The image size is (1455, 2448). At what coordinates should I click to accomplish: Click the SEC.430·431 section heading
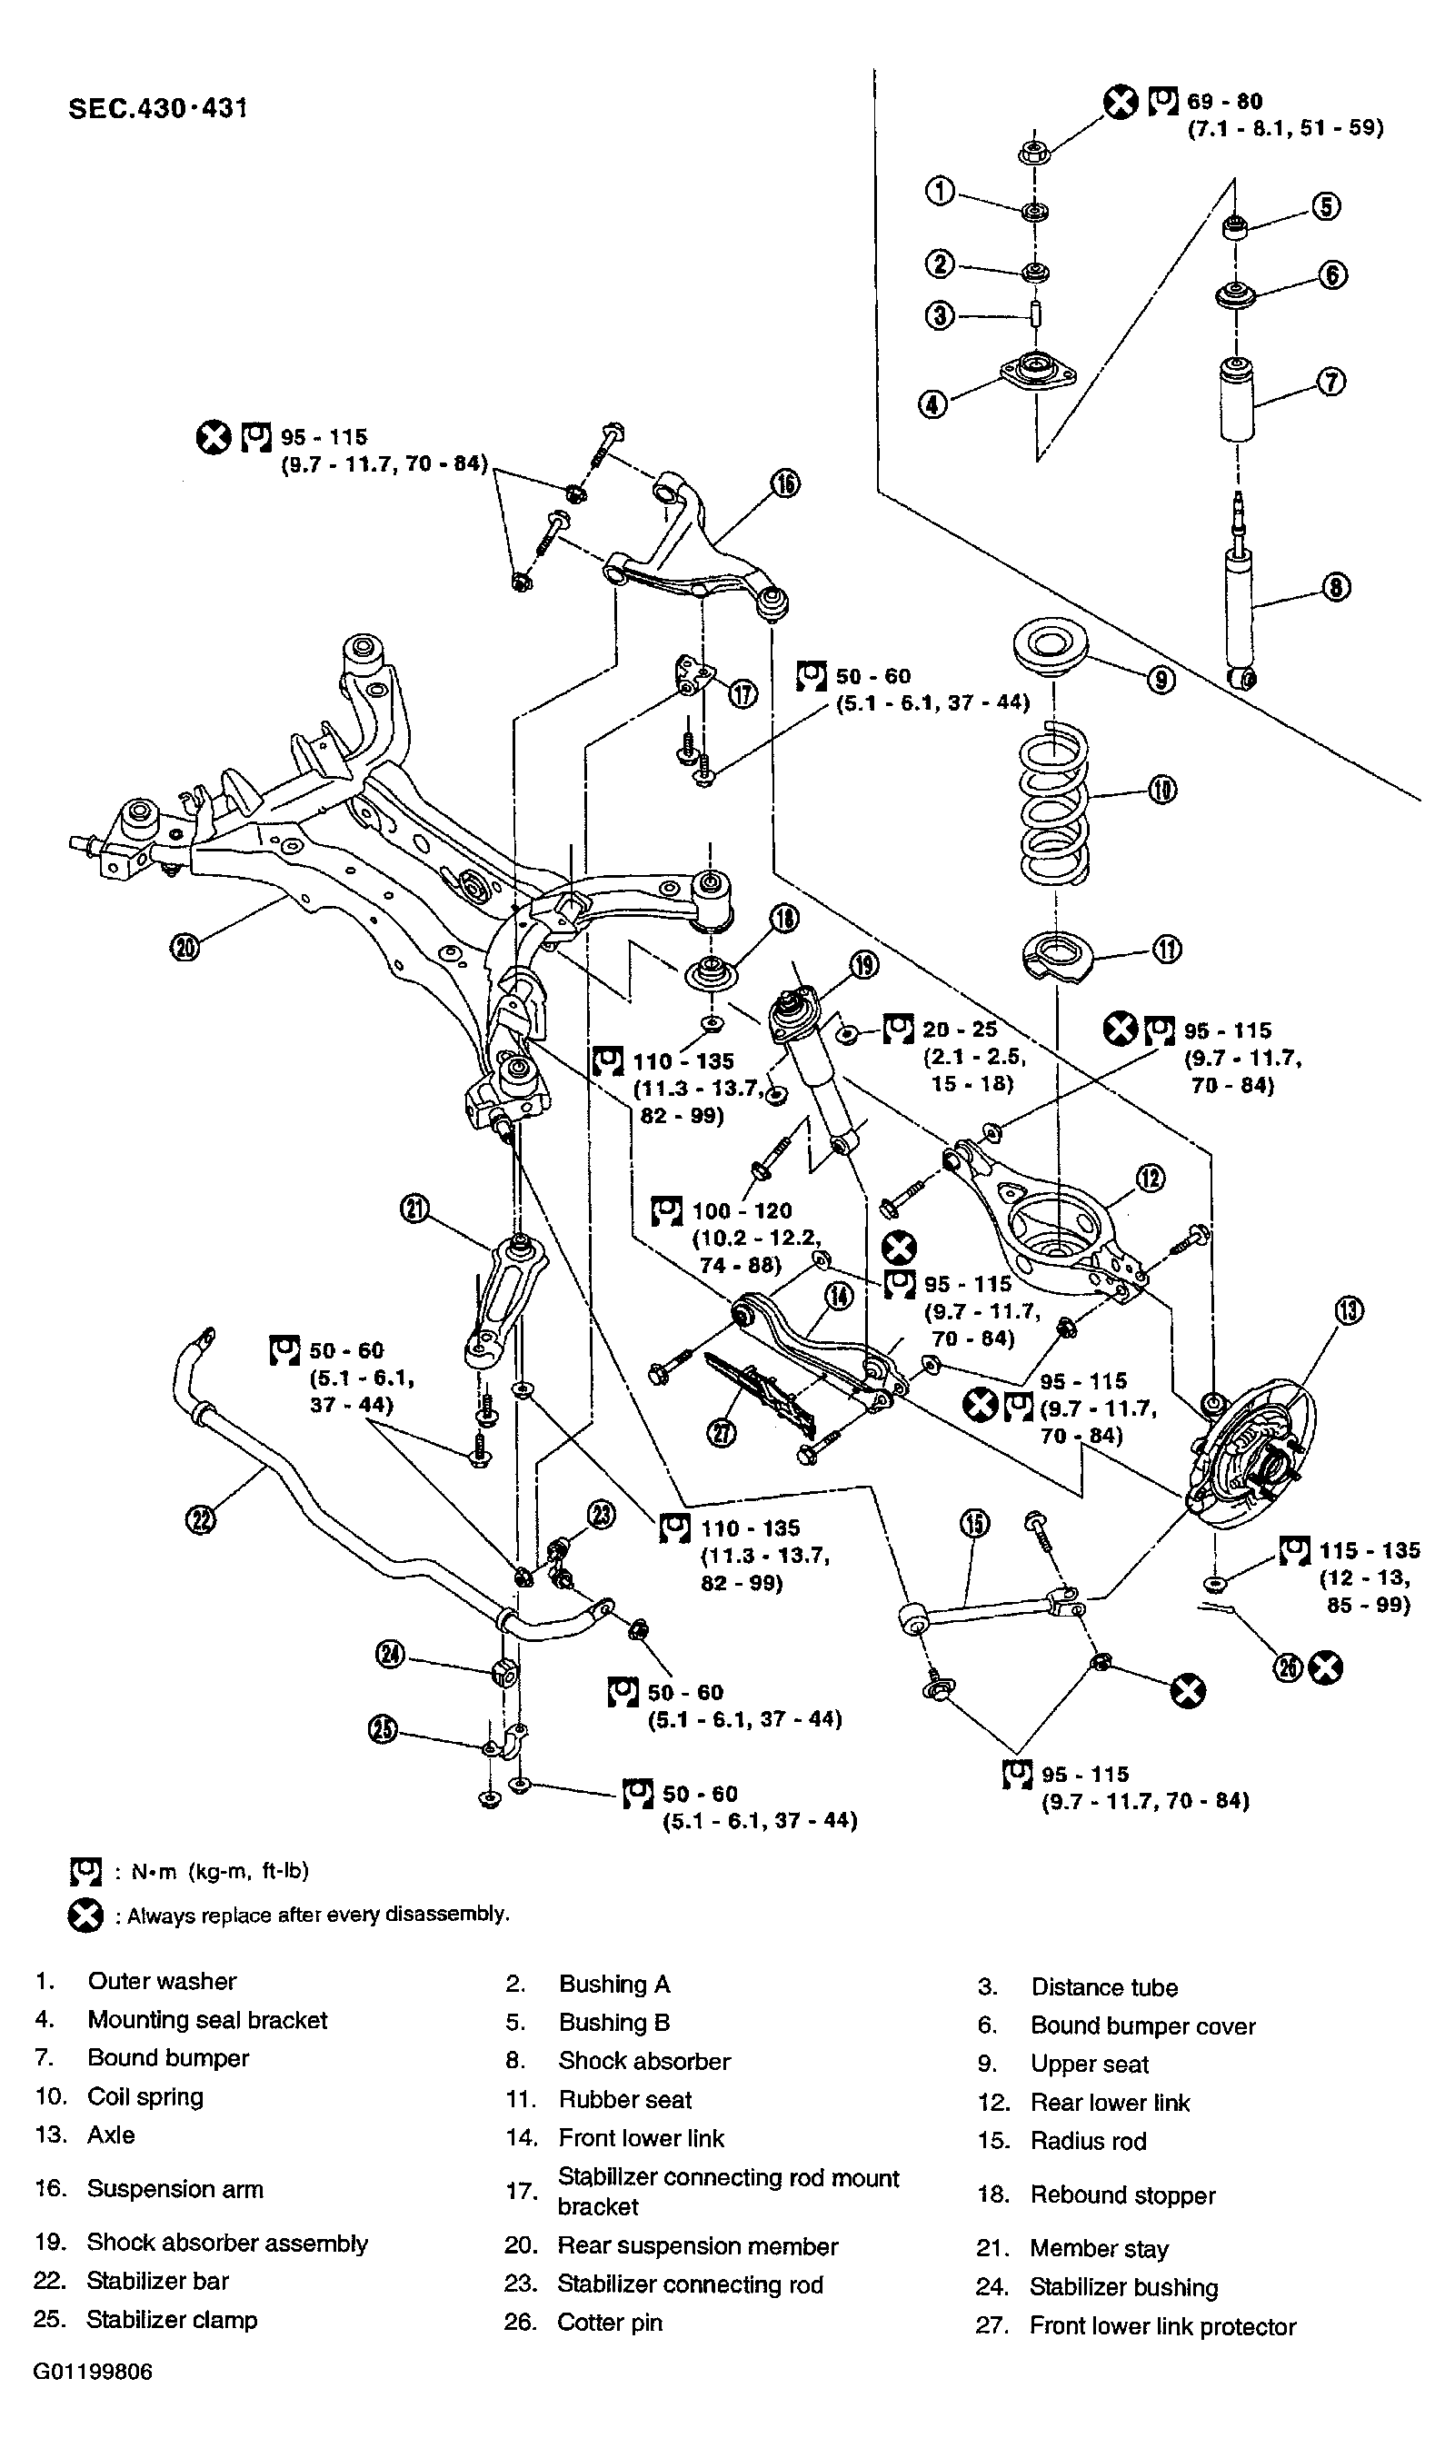(x=158, y=108)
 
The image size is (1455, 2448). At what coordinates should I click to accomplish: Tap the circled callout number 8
(x=1336, y=587)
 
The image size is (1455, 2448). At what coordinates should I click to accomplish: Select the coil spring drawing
(x=1055, y=804)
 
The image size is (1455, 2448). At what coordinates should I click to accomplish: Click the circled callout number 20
(x=184, y=947)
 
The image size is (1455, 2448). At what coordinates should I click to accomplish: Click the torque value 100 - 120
(x=742, y=1209)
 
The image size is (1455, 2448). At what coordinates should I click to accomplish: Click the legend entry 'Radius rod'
(x=1089, y=2141)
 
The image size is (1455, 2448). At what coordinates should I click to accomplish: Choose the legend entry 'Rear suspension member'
(x=698, y=2245)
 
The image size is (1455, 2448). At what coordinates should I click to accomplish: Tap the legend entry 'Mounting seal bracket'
(x=208, y=2020)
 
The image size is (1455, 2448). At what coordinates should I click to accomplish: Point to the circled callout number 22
(x=200, y=1519)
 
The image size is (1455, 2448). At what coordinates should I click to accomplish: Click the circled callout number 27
(x=722, y=1434)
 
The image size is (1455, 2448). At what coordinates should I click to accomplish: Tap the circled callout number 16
(x=786, y=483)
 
